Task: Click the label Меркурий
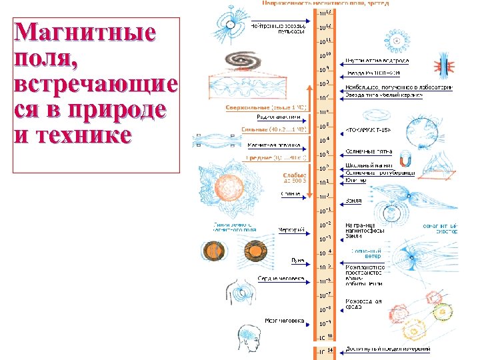click(x=292, y=230)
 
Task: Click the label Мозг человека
click(x=285, y=321)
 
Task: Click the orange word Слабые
click(x=294, y=175)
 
